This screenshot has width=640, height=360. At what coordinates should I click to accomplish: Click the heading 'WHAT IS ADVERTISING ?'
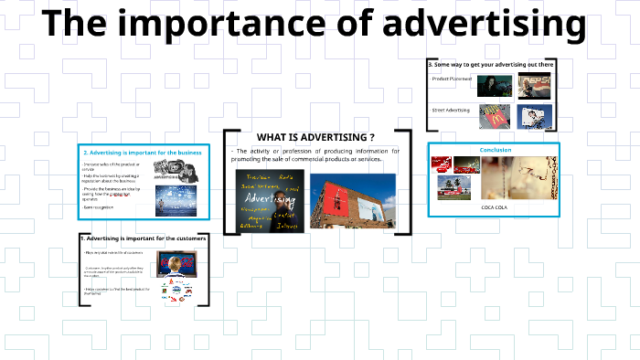[x=315, y=136]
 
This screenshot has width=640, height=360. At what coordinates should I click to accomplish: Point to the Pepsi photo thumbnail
[x=535, y=85]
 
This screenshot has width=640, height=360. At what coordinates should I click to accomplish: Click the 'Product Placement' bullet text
[x=453, y=79]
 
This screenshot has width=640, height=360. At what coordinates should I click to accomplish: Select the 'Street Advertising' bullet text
[x=452, y=111]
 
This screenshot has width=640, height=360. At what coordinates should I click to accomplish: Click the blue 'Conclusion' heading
[x=496, y=150]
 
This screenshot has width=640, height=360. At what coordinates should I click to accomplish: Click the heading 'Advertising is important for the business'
[x=142, y=152]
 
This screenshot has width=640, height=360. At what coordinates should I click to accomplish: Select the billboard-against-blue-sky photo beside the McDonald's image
[x=535, y=116]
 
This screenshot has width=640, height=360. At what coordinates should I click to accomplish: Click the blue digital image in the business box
[x=176, y=199]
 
